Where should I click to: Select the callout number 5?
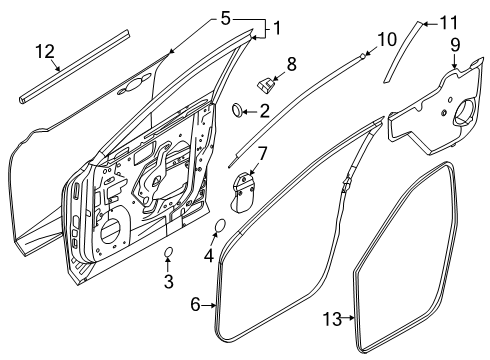click(225, 17)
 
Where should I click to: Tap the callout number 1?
click(277, 28)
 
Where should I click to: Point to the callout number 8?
click(291, 63)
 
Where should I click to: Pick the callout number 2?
click(265, 110)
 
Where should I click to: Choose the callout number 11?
click(448, 21)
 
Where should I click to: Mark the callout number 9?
click(455, 44)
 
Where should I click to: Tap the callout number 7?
click(262, 153)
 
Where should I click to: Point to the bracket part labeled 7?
click(244, 190)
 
